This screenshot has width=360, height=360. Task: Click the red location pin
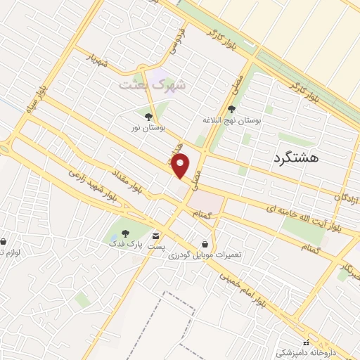(x=181, y=166)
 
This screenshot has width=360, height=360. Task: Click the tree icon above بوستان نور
(x=148, y=117)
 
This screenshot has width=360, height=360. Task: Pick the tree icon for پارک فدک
(x=124, y=233)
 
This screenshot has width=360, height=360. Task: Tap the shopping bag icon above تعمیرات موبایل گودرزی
(x=204, y=243)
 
